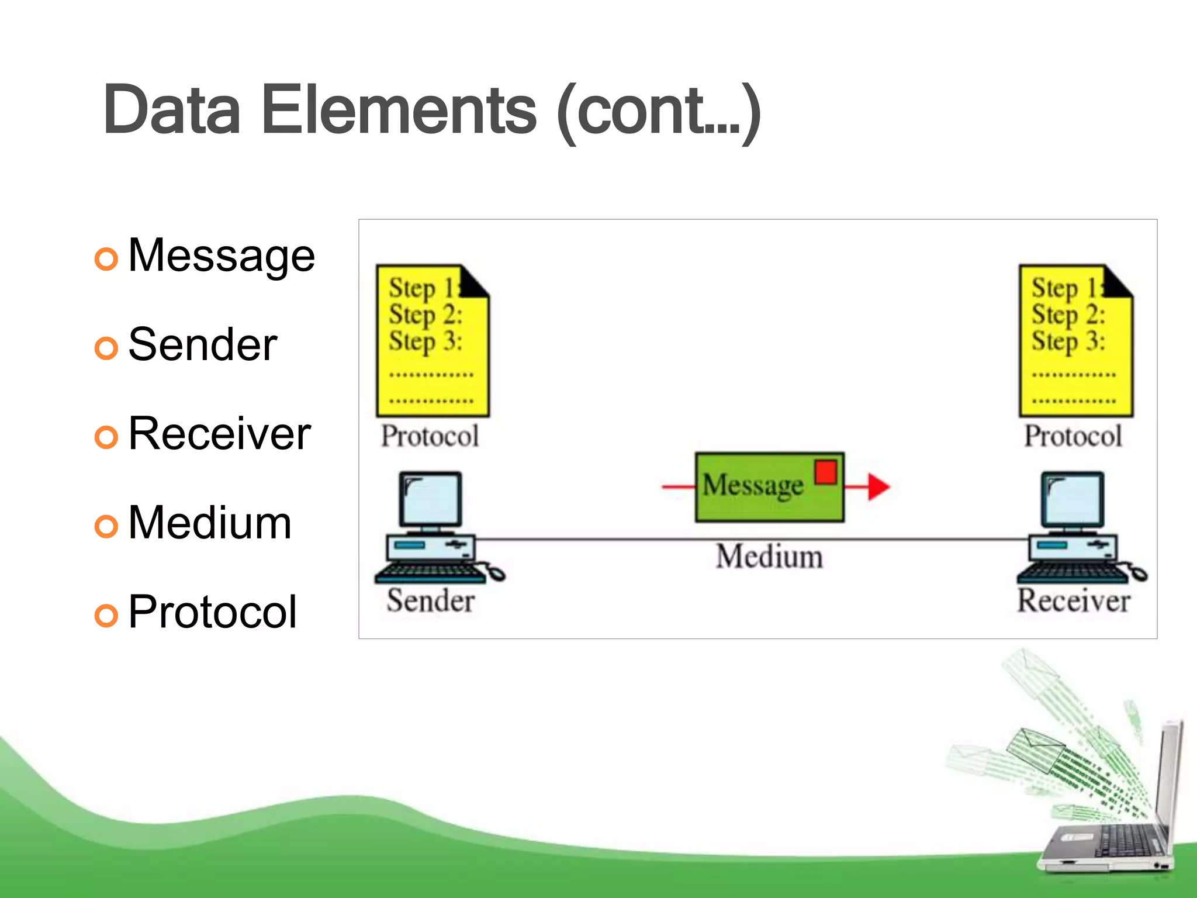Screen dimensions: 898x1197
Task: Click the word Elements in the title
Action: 399,110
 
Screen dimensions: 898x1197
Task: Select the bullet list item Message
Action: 221,256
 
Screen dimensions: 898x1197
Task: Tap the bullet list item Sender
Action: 202,345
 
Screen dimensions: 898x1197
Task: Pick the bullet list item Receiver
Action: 219,434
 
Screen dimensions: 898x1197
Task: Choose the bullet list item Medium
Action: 209,523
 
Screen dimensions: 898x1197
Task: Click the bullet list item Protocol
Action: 212,612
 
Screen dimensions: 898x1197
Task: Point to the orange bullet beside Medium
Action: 106,526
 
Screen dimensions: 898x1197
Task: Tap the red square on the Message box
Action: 825,472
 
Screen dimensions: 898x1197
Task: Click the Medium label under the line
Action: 769,556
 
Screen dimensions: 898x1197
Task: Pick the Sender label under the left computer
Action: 431,601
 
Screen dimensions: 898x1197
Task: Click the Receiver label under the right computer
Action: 1074,601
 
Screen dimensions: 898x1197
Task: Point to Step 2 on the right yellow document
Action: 1068,315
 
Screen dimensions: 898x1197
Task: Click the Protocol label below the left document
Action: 430,436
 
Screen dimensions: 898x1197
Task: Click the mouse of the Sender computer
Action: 496,573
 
